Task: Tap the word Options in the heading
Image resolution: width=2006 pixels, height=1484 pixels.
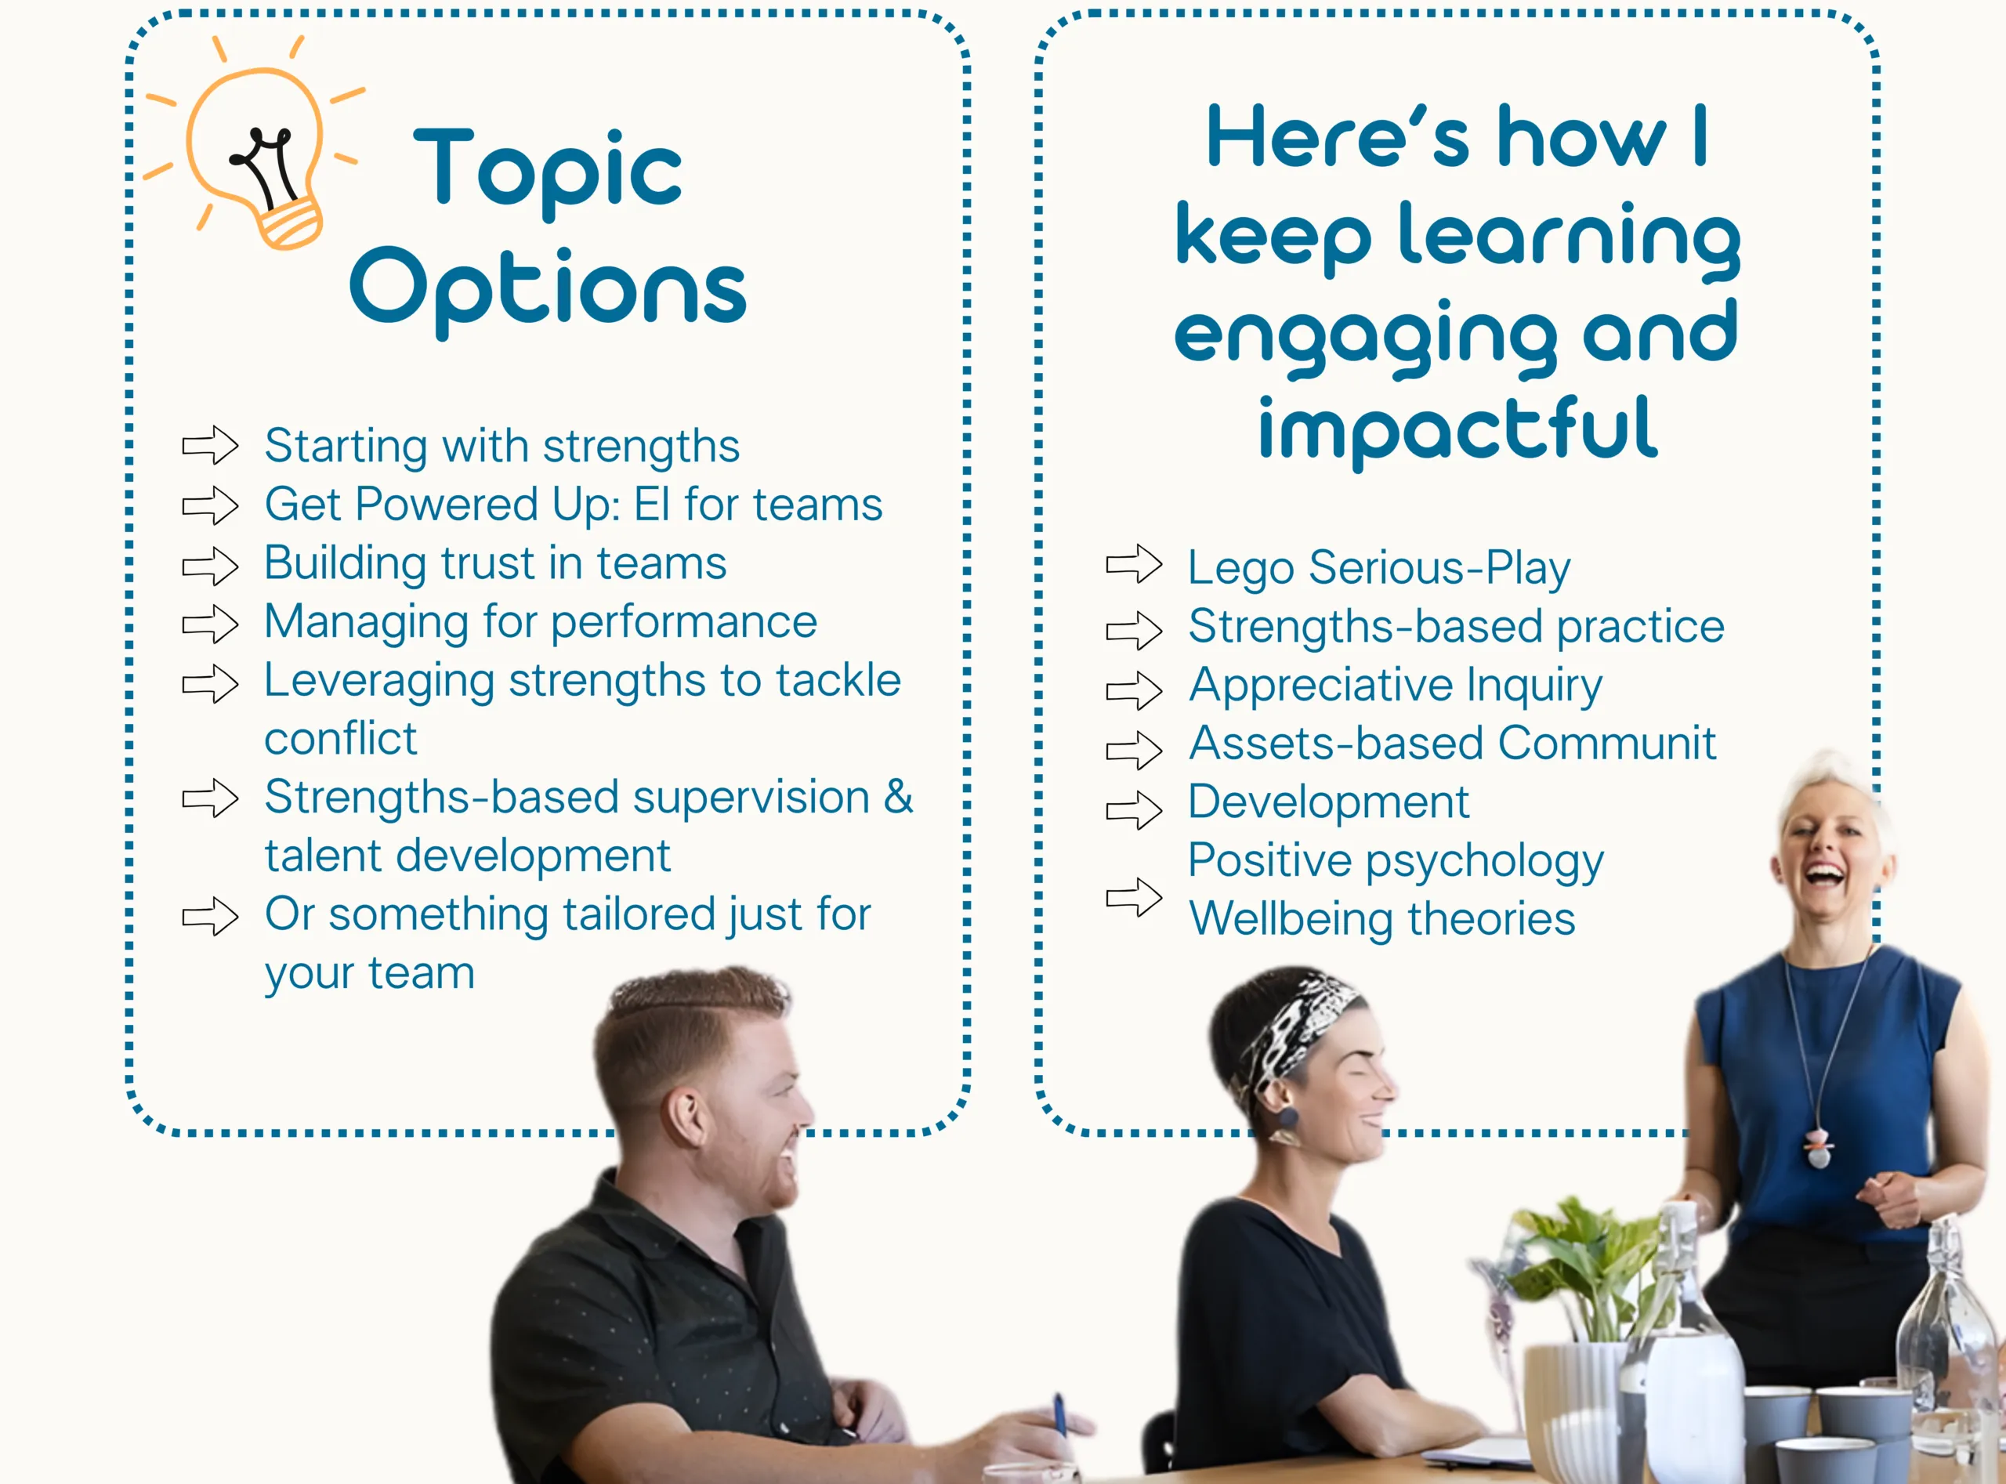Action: [548, 288]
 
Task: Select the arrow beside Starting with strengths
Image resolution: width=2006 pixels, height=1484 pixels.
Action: [210, 445]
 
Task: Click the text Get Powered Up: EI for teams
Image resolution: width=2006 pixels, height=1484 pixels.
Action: [573, 505]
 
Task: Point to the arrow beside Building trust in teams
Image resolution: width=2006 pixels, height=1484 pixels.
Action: [210, 566]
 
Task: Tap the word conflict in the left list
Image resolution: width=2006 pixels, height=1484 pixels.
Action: [341, 738]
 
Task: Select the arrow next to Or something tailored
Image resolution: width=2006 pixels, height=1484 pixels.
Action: [210, 916]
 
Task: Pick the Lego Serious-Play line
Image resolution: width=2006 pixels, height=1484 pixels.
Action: [1379, 569]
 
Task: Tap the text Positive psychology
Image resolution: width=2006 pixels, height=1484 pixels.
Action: [1395, 861]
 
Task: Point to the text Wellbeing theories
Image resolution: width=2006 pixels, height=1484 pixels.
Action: [1381, 919]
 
